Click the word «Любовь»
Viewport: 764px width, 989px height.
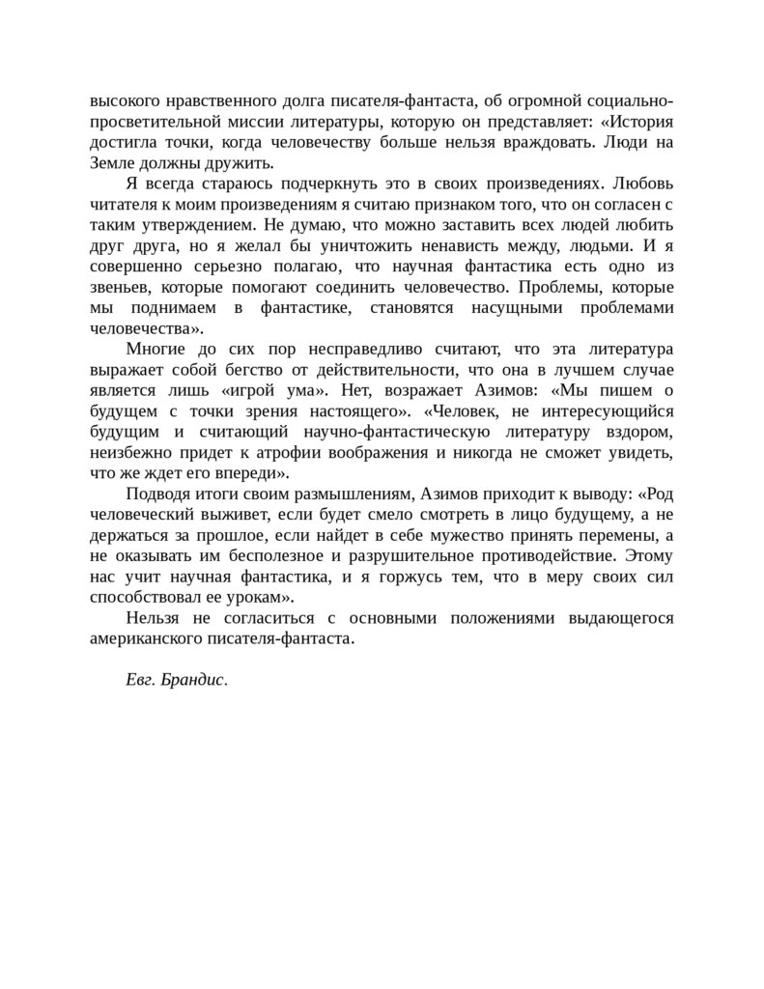(640, 183)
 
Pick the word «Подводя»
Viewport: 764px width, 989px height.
(158, 494)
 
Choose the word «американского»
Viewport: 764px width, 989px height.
(148, 638)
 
